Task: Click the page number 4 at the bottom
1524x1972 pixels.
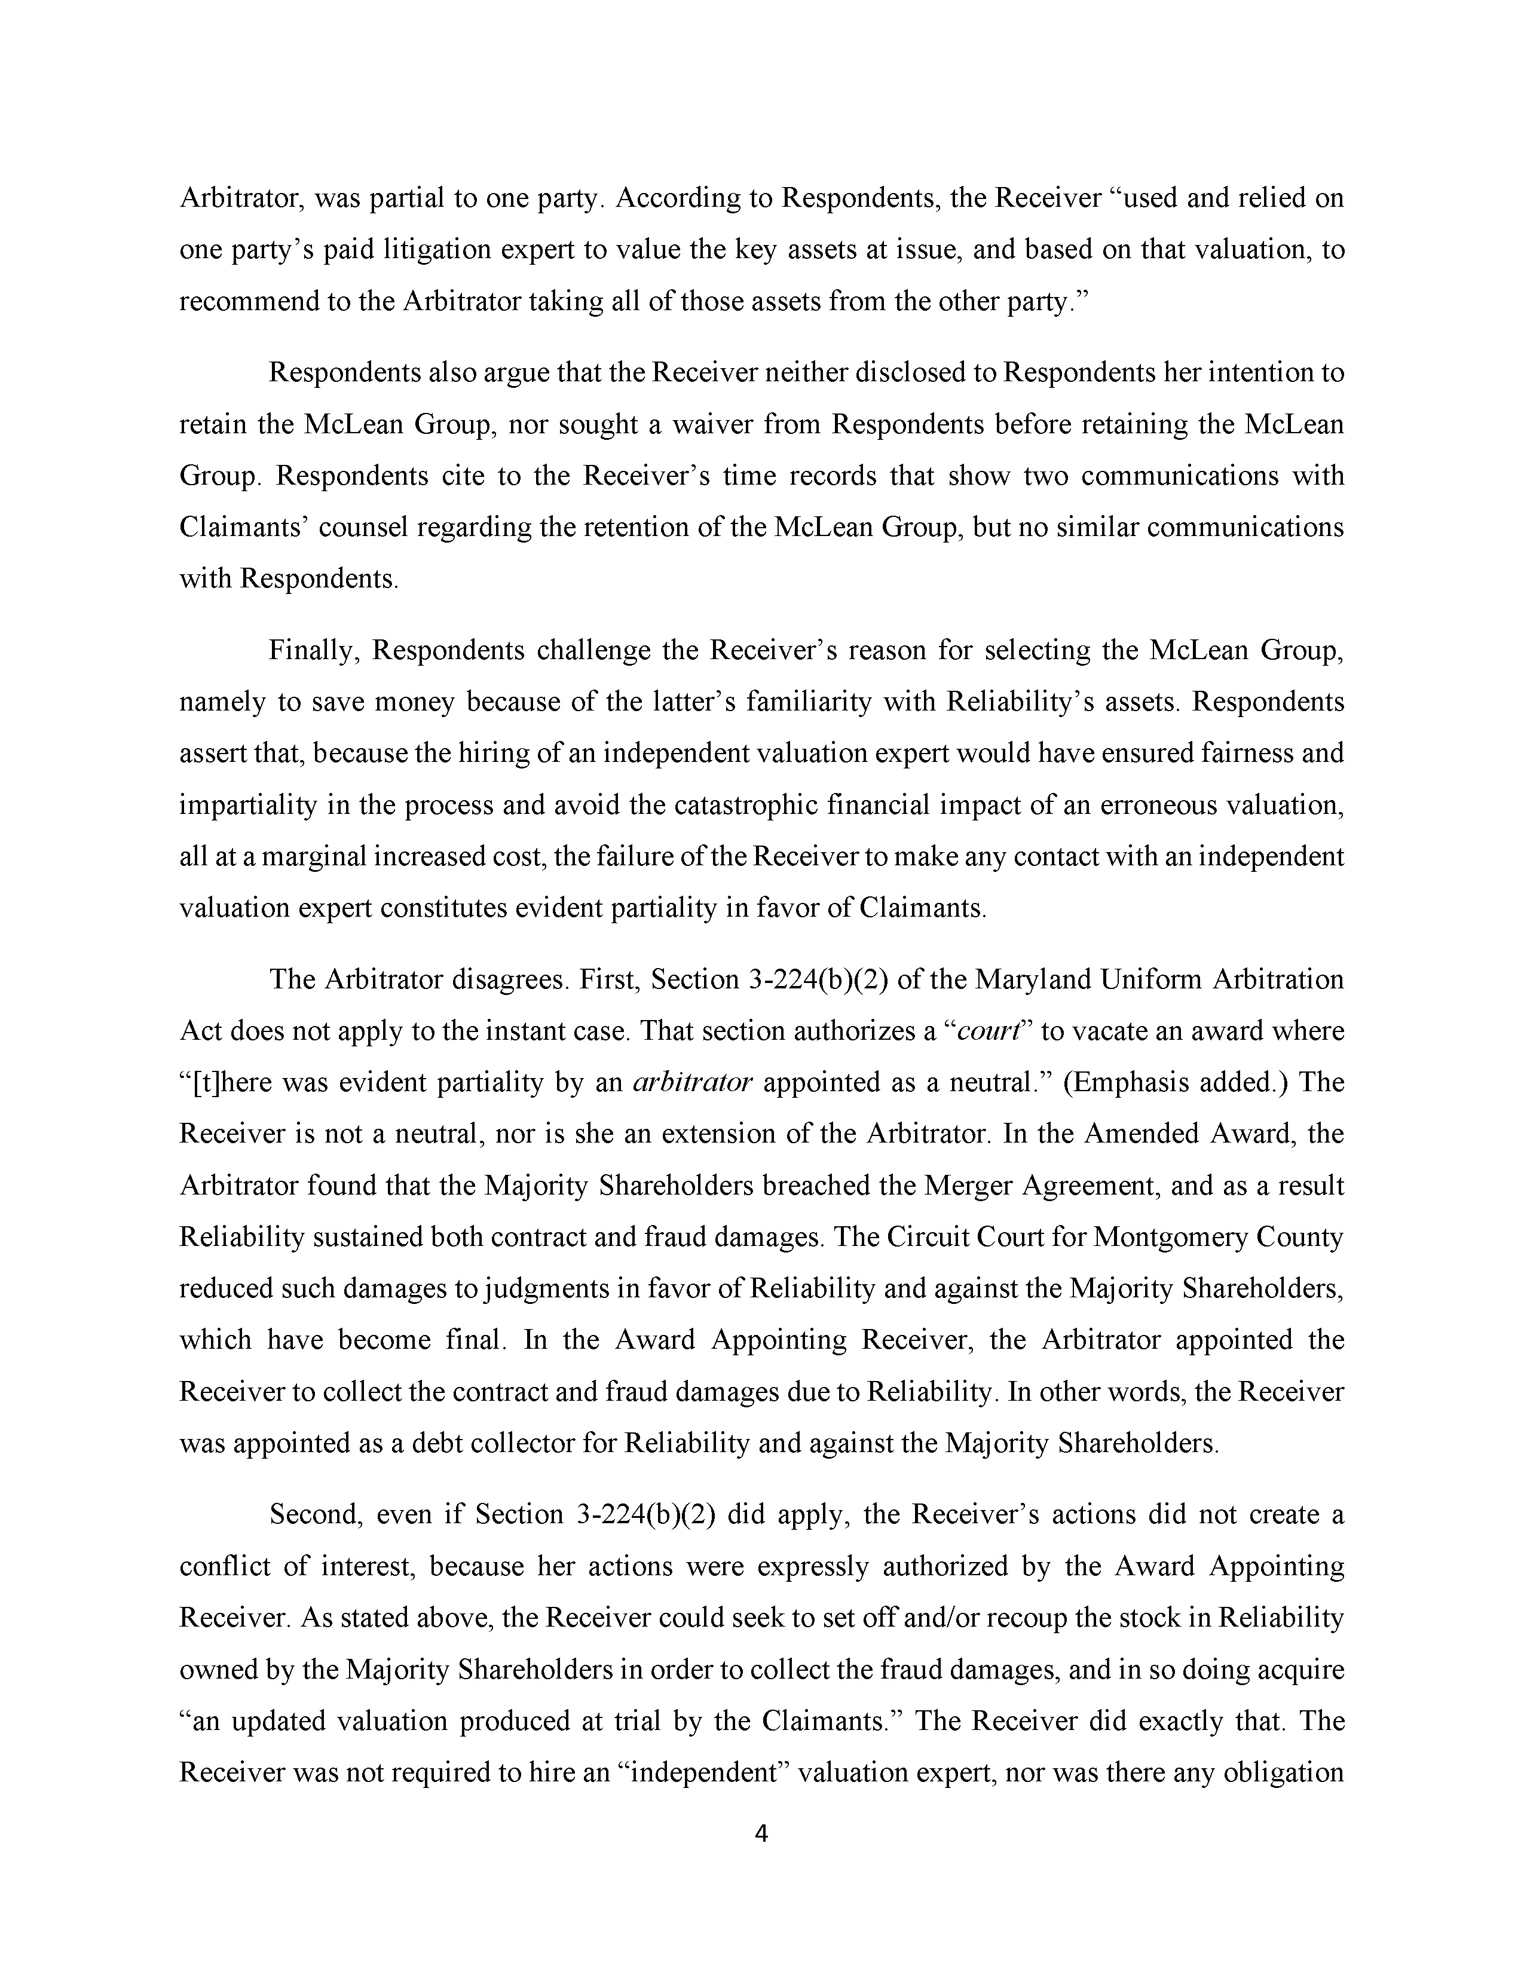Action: pos(761,1833)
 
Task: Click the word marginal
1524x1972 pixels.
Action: pos(310,856)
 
